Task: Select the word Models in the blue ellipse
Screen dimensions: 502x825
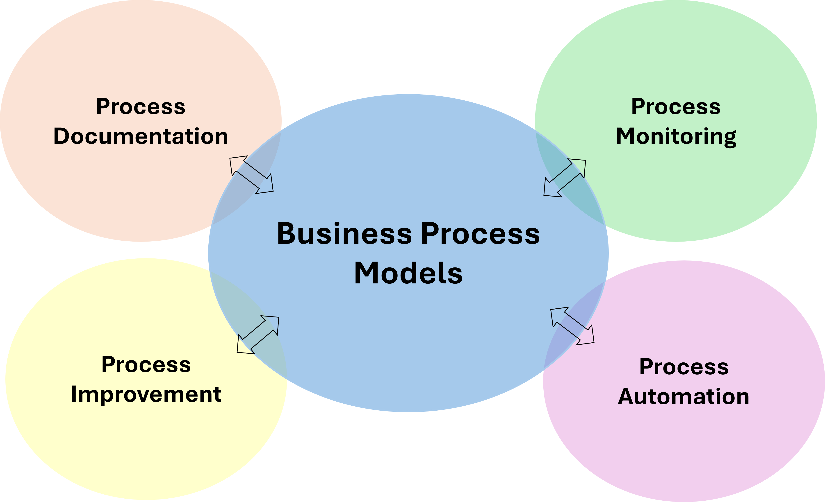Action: [x=408, y=273]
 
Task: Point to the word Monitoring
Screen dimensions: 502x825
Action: [x=676, y=137]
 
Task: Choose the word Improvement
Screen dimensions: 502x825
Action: [x=146, y=394]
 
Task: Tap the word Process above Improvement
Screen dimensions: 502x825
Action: [x=146, y=364]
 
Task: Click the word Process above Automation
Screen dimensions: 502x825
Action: [x=684, y=367]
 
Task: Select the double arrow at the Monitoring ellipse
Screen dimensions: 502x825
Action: [x=565, y=178]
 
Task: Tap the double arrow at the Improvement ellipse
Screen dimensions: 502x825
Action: [x=258, y=335]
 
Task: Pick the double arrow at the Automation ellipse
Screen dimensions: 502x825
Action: [x=572, y=326]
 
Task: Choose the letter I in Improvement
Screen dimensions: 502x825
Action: [x=74, y=394]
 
